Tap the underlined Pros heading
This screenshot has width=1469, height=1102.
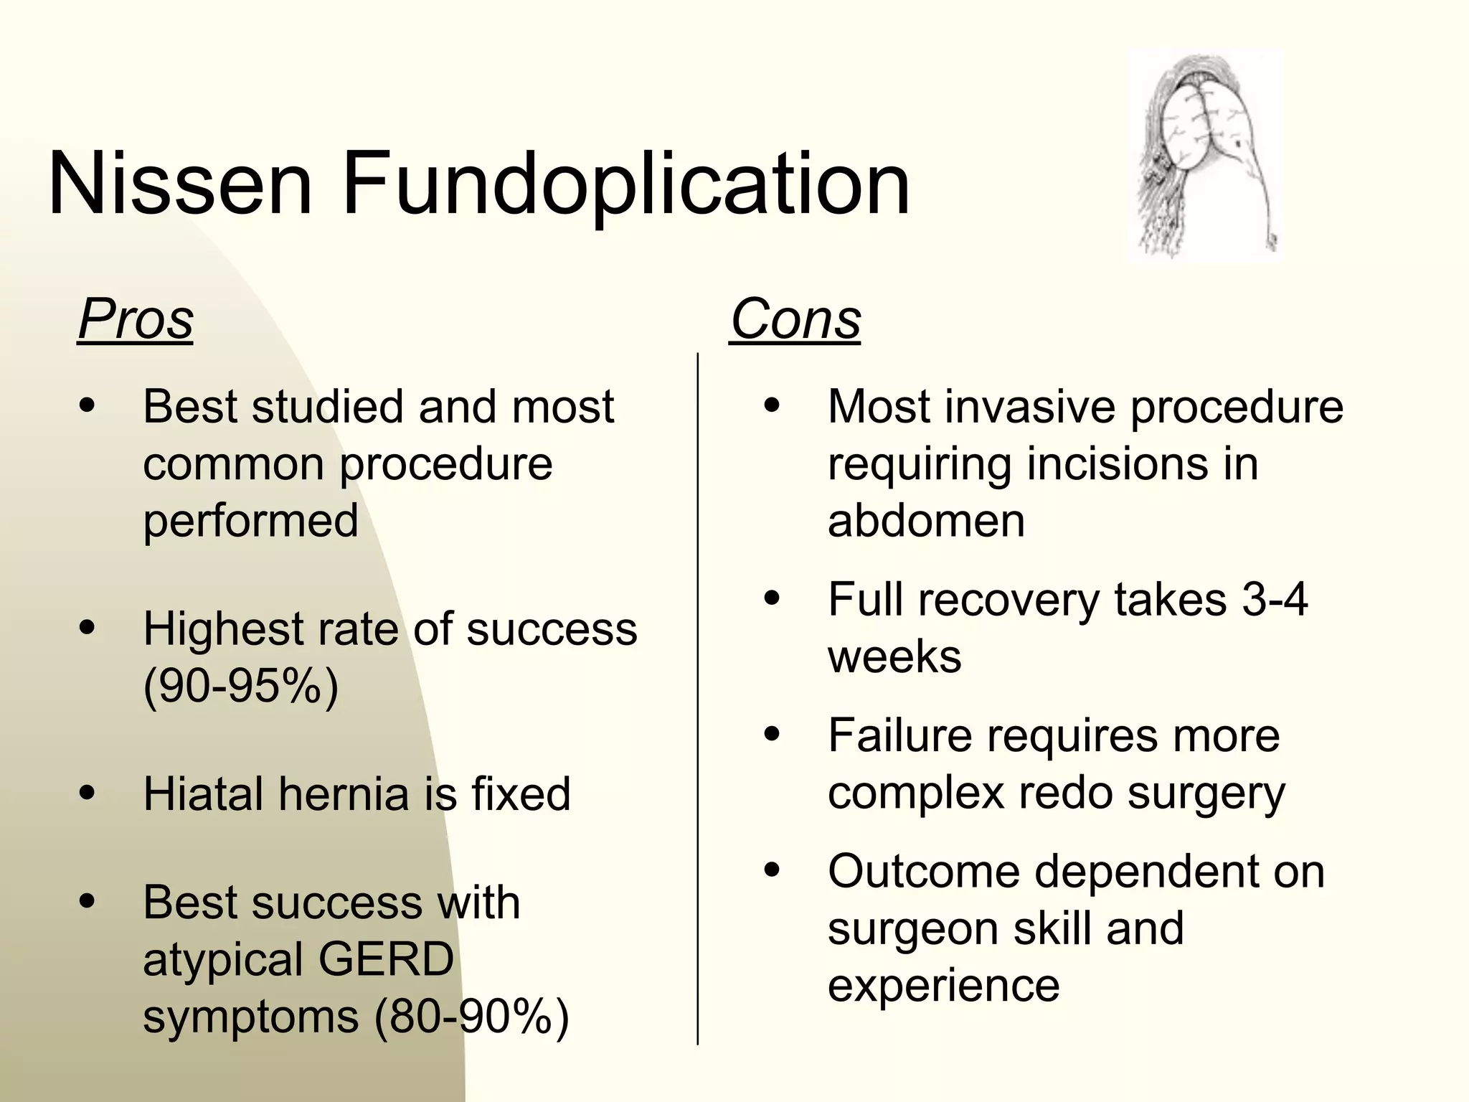[x=136, y=319]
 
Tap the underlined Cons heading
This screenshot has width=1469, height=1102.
[x=795, y=319]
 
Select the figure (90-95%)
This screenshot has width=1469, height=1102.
[x=240, y=687]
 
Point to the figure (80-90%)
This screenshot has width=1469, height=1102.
[x=471, y=1017]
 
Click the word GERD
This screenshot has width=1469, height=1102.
[x=386, y=959]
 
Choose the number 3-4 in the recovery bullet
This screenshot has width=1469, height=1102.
[x=1275, y=599]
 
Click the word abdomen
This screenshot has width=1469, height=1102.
[x=926, y=520]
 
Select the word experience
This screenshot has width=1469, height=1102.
[x=943, y=985]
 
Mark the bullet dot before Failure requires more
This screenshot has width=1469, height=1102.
[x=772, y=735]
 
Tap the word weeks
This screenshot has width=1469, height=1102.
[x=894, y=656]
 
